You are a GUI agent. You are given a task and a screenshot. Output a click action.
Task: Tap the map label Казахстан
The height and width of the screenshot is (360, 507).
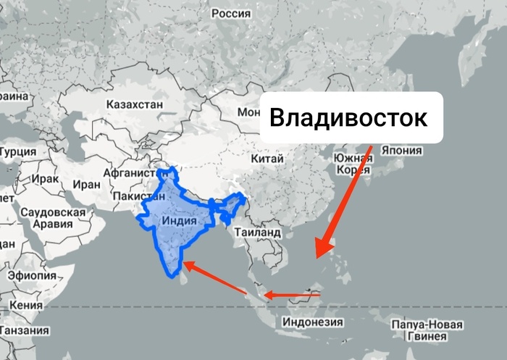tap(134, 104)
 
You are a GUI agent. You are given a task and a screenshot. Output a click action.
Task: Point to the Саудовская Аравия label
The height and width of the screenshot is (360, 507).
tap(54, 218)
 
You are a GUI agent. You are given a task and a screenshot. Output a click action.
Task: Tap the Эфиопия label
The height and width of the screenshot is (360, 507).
tap(32, 275)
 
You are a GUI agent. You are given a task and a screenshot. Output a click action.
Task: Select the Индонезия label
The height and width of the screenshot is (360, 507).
tap(312, 322)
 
